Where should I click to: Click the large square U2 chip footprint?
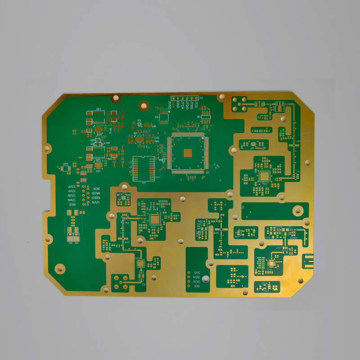point(188,153)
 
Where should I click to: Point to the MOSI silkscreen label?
point(96,193)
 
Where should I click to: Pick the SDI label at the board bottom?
point(197,287)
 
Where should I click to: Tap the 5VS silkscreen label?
point(197,273)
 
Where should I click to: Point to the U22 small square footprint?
point(66,168)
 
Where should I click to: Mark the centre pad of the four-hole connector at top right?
point(239,104)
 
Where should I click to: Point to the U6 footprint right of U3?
point(206,118)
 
